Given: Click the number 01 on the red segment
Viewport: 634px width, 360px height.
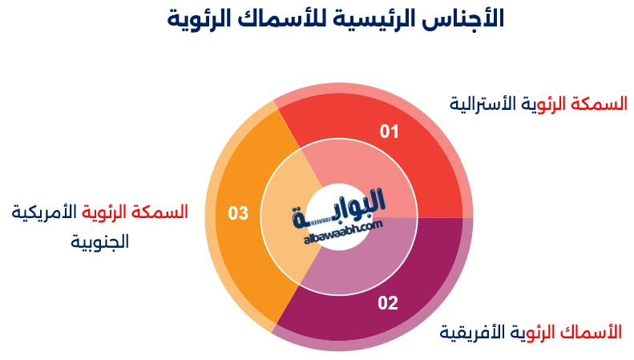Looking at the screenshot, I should point(389,131).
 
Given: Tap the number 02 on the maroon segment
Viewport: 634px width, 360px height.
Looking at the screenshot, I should point(388,303).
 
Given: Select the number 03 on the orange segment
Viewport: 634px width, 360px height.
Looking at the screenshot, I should point(238,213).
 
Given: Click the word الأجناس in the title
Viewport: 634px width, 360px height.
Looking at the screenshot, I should point(470,18).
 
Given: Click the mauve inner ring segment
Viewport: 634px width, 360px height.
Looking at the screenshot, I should point(377,257).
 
